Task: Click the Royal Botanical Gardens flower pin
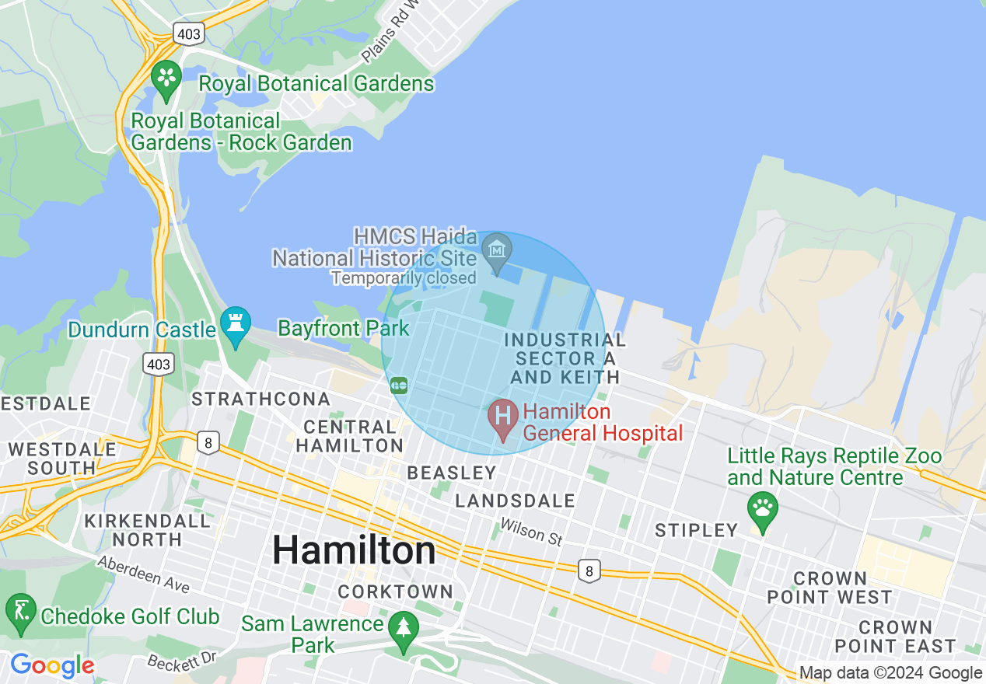[166, 77]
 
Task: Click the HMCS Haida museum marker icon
[496, 250]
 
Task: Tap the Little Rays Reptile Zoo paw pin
[762, 509]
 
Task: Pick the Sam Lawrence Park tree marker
[403, 627]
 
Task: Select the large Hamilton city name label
[354, 551]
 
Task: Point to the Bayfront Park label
[343, 328]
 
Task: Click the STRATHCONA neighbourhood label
[260, 399]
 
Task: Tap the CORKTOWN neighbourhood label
[395, 592]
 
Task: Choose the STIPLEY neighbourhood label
[696, 530]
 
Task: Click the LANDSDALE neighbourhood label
[515, 501]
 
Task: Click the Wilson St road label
[531, 532]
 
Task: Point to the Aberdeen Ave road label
[143, 571]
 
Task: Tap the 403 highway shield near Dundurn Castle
[158, 363]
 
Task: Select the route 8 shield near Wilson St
[589, 571]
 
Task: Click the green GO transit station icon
[399, 385]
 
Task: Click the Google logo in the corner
[51, 665]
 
